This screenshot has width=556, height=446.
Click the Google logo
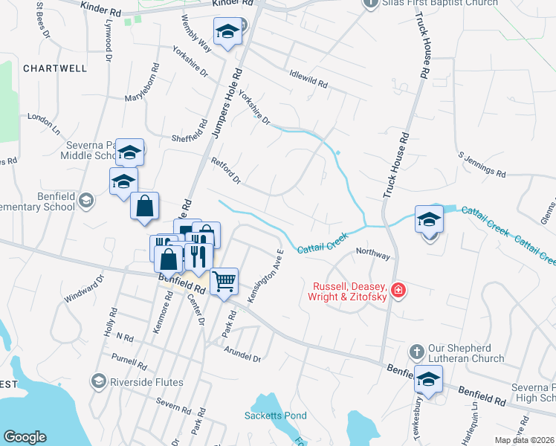(x=25, y=437)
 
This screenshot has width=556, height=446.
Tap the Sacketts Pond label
(x=275, y=416)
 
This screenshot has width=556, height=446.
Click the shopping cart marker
(x=224, y=282)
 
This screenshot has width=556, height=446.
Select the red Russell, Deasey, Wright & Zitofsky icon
(x=399, y=289)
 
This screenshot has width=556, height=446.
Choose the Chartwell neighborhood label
(x=55, y=68)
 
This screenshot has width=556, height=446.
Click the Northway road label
(x=372, y=255)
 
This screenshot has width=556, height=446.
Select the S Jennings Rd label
(x=481, y=165)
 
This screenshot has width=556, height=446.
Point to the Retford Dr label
(x=226, y=170)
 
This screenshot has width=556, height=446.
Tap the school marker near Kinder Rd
(x=227, y=32)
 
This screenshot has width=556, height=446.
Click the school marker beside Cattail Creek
(x=429, y=219)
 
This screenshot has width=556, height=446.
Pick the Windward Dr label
(x=84, y=292)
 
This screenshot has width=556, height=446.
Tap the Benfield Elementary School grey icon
(x=86, y=200)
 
